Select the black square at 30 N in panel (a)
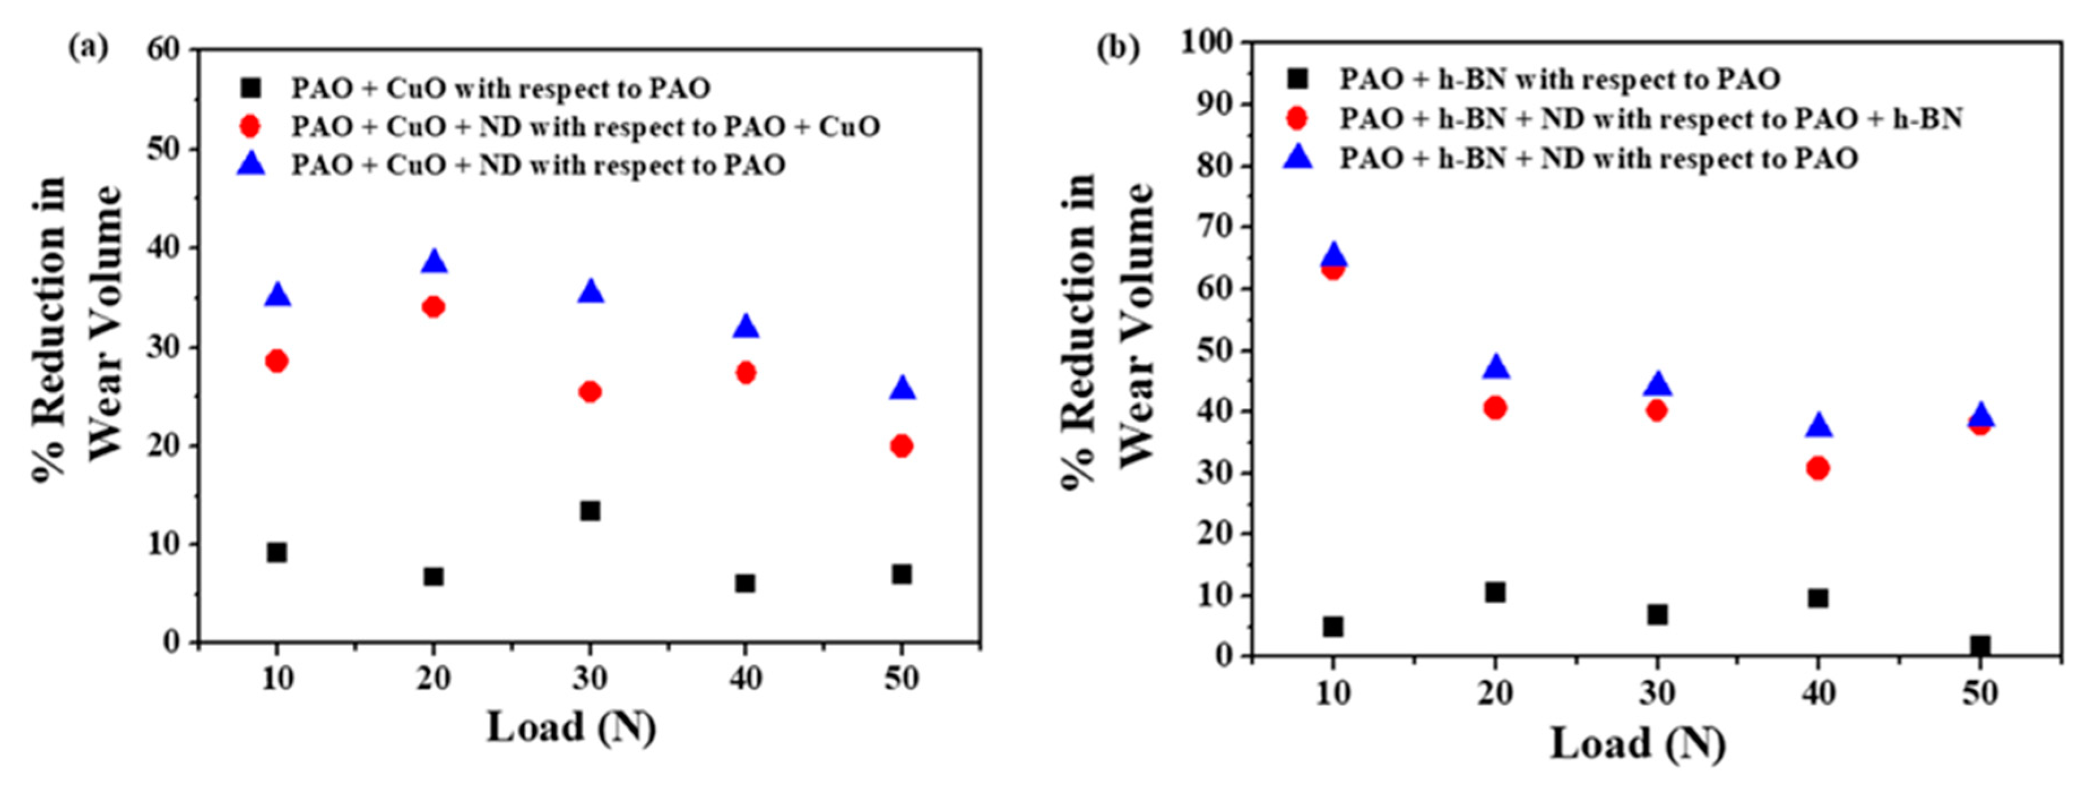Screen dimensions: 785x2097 coord(590,510)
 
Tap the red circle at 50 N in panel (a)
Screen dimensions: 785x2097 coord(901,445)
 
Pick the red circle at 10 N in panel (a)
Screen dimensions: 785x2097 coord(277,361)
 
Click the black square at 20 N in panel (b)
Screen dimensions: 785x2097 coord(1494,592)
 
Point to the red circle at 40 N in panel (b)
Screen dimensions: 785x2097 coord(1818,467)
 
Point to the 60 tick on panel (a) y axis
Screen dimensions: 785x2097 coord(163,50)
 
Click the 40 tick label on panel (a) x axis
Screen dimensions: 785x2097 coord(745,678)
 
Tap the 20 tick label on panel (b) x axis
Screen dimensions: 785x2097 coord(1494,692)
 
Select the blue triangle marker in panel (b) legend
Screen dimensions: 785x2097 coord(1298,157)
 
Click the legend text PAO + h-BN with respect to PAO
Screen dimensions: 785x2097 coord(1559,79)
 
